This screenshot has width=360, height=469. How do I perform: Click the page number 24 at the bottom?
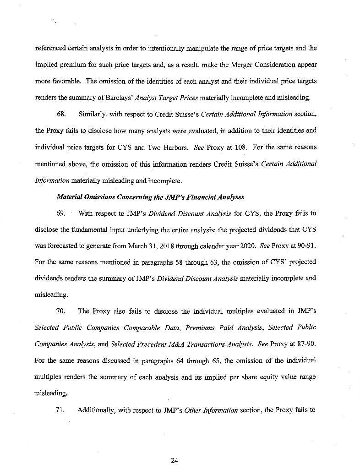pos(174,461)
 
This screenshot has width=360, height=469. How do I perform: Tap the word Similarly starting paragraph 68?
pos(94,113)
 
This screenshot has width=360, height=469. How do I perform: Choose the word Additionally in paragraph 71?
pos(98,410)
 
